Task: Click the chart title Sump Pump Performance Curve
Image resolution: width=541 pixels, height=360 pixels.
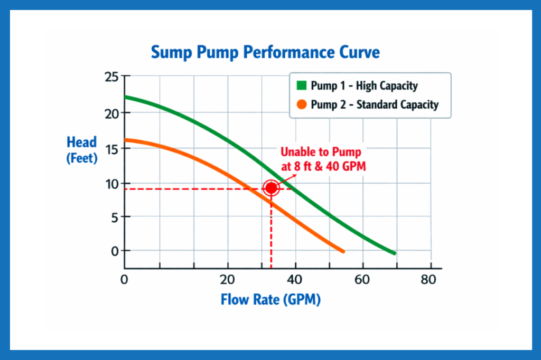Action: (x=265, y=53)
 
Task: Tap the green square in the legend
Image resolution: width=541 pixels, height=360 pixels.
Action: (x=301, y=86)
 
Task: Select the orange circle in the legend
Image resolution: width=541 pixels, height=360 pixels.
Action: (x=301, y=104)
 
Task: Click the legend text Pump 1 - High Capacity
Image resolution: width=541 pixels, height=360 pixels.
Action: (x=364, y=86)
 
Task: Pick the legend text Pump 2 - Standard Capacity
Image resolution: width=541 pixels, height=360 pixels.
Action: (x=374, y=105)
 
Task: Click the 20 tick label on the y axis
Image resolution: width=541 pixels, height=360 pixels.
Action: (x=111, y=113)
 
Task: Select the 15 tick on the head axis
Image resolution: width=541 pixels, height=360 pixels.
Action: (x=111, y=148)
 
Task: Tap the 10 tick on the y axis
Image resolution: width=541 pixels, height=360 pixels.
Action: (x=111, y=183)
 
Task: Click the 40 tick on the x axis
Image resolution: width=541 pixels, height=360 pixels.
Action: (x=294, y=280)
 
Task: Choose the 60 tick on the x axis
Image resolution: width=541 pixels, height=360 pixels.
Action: (x=362, y=280)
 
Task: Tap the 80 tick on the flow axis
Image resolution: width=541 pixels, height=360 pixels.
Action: (x=428, y=280)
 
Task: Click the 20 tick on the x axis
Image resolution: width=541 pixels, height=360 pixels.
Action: (x=228, y=280)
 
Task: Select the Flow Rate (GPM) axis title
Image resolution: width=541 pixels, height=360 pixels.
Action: (x=270, y=300)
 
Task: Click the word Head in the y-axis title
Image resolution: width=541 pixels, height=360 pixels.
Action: (x=81, y=142)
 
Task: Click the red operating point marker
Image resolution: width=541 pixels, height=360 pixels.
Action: (x=271, y=188)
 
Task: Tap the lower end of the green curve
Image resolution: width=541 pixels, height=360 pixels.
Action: (x=394, y=253)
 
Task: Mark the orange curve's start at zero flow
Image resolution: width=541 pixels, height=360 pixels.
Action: (x=126, y=140)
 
